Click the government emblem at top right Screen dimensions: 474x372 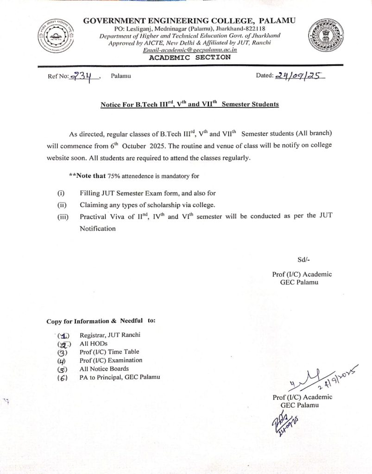[x=325, y=37]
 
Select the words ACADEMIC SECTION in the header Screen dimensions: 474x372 [x=189, y=57]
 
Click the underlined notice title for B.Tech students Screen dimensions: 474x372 [x=189, y=104]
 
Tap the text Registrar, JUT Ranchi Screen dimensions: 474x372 [x=110, y=335]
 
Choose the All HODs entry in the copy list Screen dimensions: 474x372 [x=94, y=343]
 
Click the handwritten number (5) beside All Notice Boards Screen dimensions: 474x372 [x=63, y=369]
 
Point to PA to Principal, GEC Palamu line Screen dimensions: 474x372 [x=120, y=377]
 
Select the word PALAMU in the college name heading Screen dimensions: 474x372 [x=277, y=20]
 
